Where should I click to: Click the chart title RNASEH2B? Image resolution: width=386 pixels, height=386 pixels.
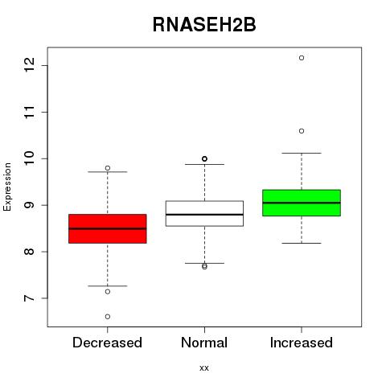pyautogui.click(x=204, y=25)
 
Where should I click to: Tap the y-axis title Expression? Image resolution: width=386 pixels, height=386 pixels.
pyautogui.click(x=7, y=187)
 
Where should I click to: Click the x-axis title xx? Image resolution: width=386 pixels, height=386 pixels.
pyautogui.click(x=204, y=368)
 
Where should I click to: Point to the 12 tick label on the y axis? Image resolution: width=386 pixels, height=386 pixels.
pyautogui.click(x=30, y=65)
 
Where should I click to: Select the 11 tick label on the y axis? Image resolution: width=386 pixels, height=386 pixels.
pyautogui.click(x=30, y=112)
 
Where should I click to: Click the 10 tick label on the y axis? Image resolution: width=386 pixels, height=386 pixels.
pyautogui.click(x=30, y=158)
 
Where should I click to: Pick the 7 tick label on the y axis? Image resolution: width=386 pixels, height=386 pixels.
pyautogui.click(x=30, y=298)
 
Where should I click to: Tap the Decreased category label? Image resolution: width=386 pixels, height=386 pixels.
pyautogui.click(x=107, y=343)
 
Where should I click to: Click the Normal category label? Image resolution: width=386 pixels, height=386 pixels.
pyautogui.click(x=204, y=343)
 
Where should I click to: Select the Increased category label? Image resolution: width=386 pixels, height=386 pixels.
pyautogui.click(x=302, y=343)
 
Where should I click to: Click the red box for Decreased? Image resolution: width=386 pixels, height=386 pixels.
pyautogui.click(x=108, y=228)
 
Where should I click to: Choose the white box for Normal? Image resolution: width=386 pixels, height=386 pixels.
pyautogui.click(x=204, y=213)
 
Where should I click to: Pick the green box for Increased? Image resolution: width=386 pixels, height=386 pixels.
pyautogui.click(x=302, y=203)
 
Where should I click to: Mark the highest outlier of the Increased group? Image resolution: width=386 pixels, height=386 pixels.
pyautogui.click(x=302, y=58)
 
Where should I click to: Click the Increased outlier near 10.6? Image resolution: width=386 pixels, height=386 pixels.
pyautogui.click(x=302, y=131)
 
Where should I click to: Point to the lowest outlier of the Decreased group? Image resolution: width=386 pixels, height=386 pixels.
pyautogui.click(x=108, y=317)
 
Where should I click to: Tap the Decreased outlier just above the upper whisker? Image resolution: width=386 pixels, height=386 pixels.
pyautogui.click(x=108, y=168)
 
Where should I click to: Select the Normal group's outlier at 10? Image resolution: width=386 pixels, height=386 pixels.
pyautogui.click(x=204, y=158)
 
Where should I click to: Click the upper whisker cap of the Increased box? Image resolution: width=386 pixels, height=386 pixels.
pyautogui.click(x=302, y=153)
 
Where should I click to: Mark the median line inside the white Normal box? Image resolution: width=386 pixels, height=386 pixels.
pyautogui.click(x=204, y=215)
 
